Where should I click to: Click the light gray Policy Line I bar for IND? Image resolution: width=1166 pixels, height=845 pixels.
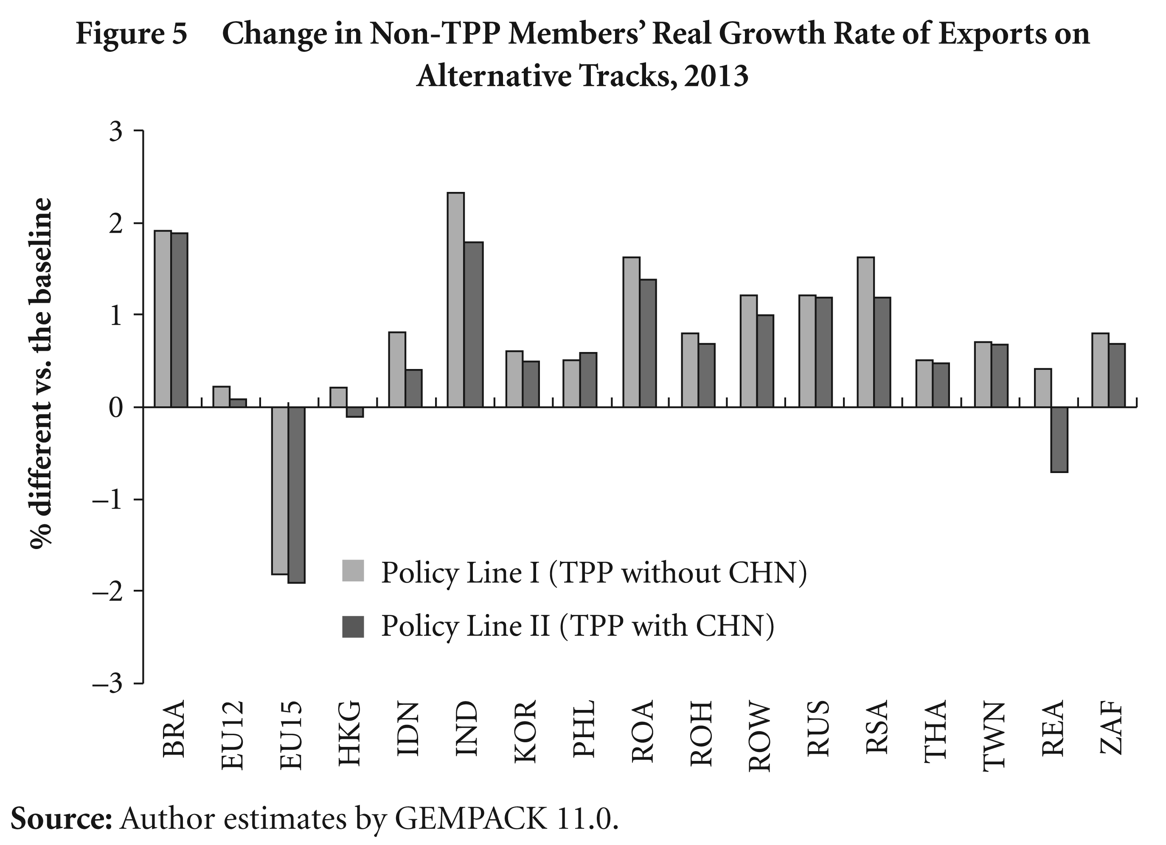455,300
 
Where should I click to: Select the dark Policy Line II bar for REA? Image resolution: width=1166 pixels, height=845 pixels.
1059,440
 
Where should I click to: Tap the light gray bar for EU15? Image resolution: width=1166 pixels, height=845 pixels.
280,490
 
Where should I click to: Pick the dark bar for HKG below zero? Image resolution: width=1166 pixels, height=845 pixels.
355,412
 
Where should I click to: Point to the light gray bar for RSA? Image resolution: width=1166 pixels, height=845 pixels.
866,332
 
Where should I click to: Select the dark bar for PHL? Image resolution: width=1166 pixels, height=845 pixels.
588,380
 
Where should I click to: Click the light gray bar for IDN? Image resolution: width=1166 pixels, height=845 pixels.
397,370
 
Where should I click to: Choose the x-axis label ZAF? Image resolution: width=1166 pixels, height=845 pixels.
1111,729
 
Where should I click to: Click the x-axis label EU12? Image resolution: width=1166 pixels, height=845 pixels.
232,735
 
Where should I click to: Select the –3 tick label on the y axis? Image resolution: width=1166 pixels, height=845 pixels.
107,684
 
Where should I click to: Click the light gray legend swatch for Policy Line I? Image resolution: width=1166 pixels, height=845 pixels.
353,571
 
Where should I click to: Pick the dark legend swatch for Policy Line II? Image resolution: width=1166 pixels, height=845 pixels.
353,626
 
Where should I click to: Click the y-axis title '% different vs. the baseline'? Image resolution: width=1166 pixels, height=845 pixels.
40,374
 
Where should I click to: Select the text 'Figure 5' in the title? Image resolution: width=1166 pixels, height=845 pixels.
132,34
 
